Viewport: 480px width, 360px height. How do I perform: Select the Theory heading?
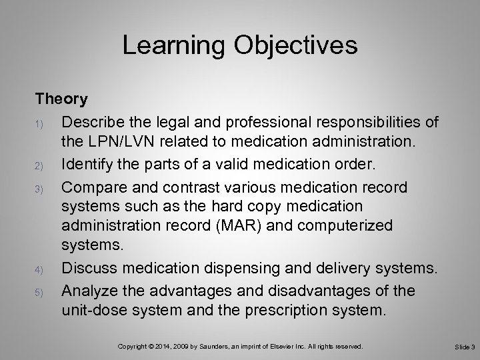[x=61, y=99]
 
